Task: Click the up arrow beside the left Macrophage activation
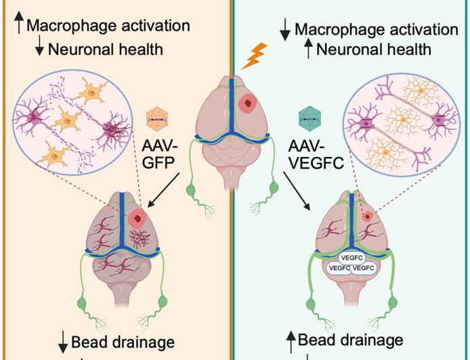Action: click(18, 26)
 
